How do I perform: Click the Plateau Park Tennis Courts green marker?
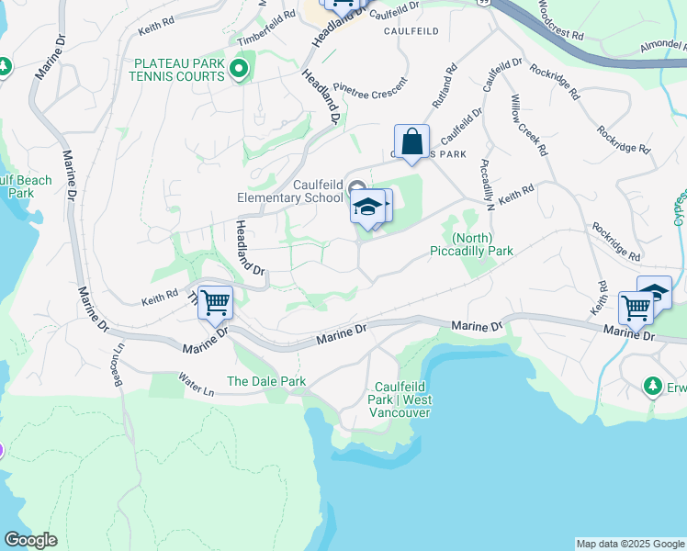[241, 70]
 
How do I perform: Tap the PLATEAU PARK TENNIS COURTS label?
[179, 70]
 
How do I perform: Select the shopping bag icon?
[411, 143]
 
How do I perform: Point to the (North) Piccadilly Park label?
[470, 243]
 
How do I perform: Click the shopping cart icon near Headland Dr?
[215, 302]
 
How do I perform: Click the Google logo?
[30, 540]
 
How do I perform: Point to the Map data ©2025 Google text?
[630, 544]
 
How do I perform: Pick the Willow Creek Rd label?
[529, 124]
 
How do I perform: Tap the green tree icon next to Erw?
[653, 385]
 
